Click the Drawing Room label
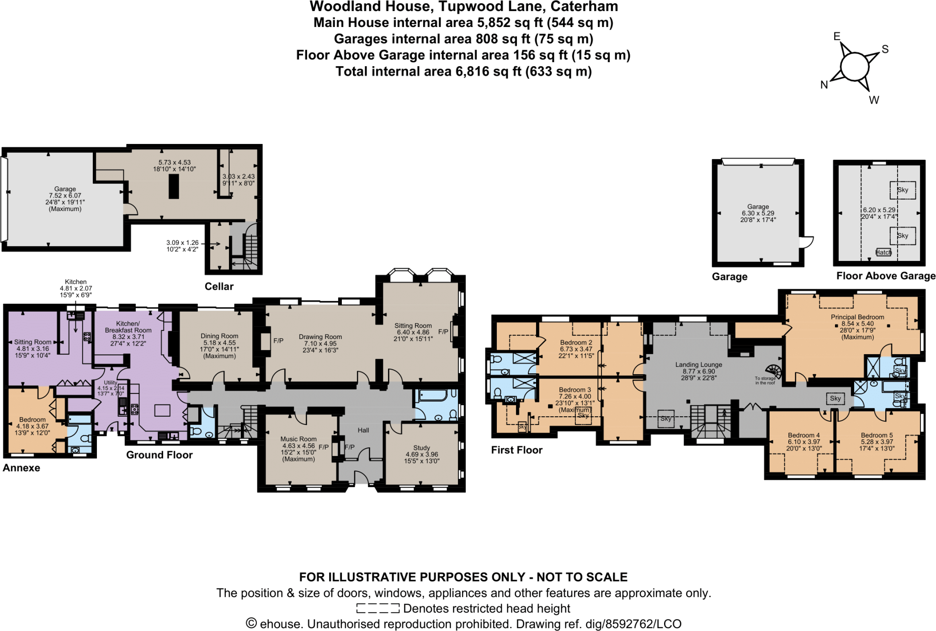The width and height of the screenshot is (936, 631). (320, 337)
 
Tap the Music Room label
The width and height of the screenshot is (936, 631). (298, 439)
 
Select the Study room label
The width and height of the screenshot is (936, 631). (421, 448)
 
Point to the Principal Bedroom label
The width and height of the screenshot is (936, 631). (857, 317)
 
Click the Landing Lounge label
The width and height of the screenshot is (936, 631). (698, 365)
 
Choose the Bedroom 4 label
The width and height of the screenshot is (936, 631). (803, 435)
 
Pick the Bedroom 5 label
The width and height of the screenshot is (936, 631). (877, 435)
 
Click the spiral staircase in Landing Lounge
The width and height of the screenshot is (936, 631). (773, 371)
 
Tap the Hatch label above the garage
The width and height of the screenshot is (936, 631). (883, 252)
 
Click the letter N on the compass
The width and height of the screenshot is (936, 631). (824, 85)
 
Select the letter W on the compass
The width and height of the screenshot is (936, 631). (874, 100)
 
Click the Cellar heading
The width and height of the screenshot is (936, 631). (219, 286)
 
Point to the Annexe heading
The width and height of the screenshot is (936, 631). (21, 468)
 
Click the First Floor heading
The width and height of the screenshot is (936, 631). (516, 450)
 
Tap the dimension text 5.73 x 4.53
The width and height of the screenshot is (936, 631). (174, 163)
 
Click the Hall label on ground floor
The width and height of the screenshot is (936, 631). (363, 430)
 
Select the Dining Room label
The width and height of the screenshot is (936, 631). (219, 336)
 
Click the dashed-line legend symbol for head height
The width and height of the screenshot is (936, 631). (378, 609)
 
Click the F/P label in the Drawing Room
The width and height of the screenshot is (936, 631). (278, 341)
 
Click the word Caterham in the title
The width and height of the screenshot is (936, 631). (584, 7)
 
